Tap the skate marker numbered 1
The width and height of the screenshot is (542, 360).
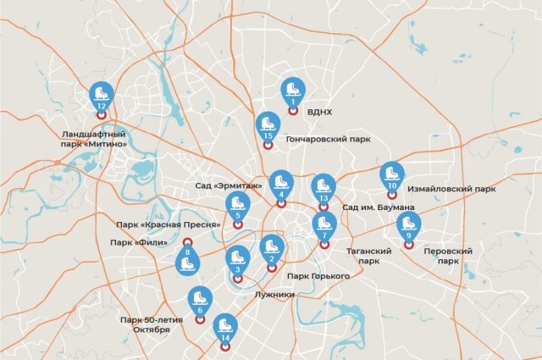point(292,93)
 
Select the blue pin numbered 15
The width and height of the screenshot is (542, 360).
point(268,127)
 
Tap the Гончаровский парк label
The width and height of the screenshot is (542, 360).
point(329,138)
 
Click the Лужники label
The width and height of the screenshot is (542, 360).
point(274,295)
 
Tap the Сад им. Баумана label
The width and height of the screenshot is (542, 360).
point(378,208)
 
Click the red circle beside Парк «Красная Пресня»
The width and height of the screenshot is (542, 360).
point(236,224)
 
